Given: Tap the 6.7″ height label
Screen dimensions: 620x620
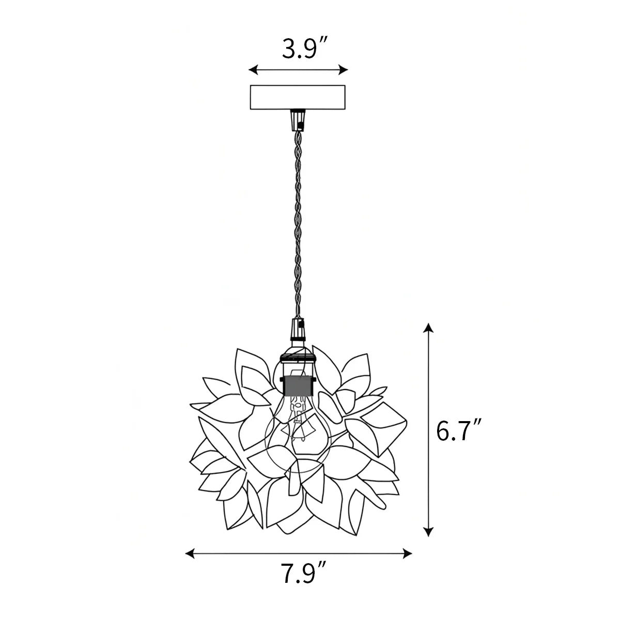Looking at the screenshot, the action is (x=458, y=431).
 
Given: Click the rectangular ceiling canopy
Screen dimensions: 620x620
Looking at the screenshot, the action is (x=298, y=97).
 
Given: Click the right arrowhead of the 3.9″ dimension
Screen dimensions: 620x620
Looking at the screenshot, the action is (x=343, y=70).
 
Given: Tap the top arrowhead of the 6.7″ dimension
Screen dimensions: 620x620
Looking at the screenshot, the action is (x=428, y=328).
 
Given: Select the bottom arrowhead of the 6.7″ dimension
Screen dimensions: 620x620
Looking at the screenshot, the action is (x=428, y=532).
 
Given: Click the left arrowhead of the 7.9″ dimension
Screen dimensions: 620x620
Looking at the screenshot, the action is (x=190, y=554).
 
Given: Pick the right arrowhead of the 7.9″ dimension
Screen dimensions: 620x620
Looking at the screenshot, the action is (x=407, y=554).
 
